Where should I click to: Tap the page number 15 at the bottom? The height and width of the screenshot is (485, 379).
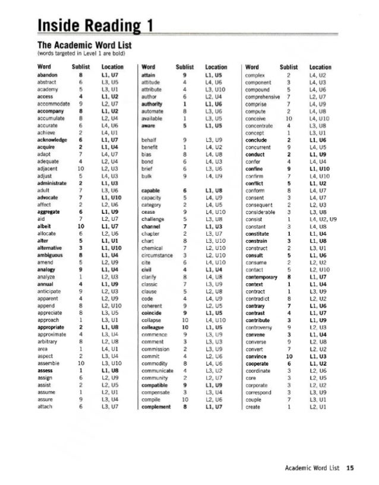(350, 468)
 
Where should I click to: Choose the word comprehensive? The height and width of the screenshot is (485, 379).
(266, 96)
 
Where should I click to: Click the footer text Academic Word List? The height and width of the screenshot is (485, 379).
(312, 468)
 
